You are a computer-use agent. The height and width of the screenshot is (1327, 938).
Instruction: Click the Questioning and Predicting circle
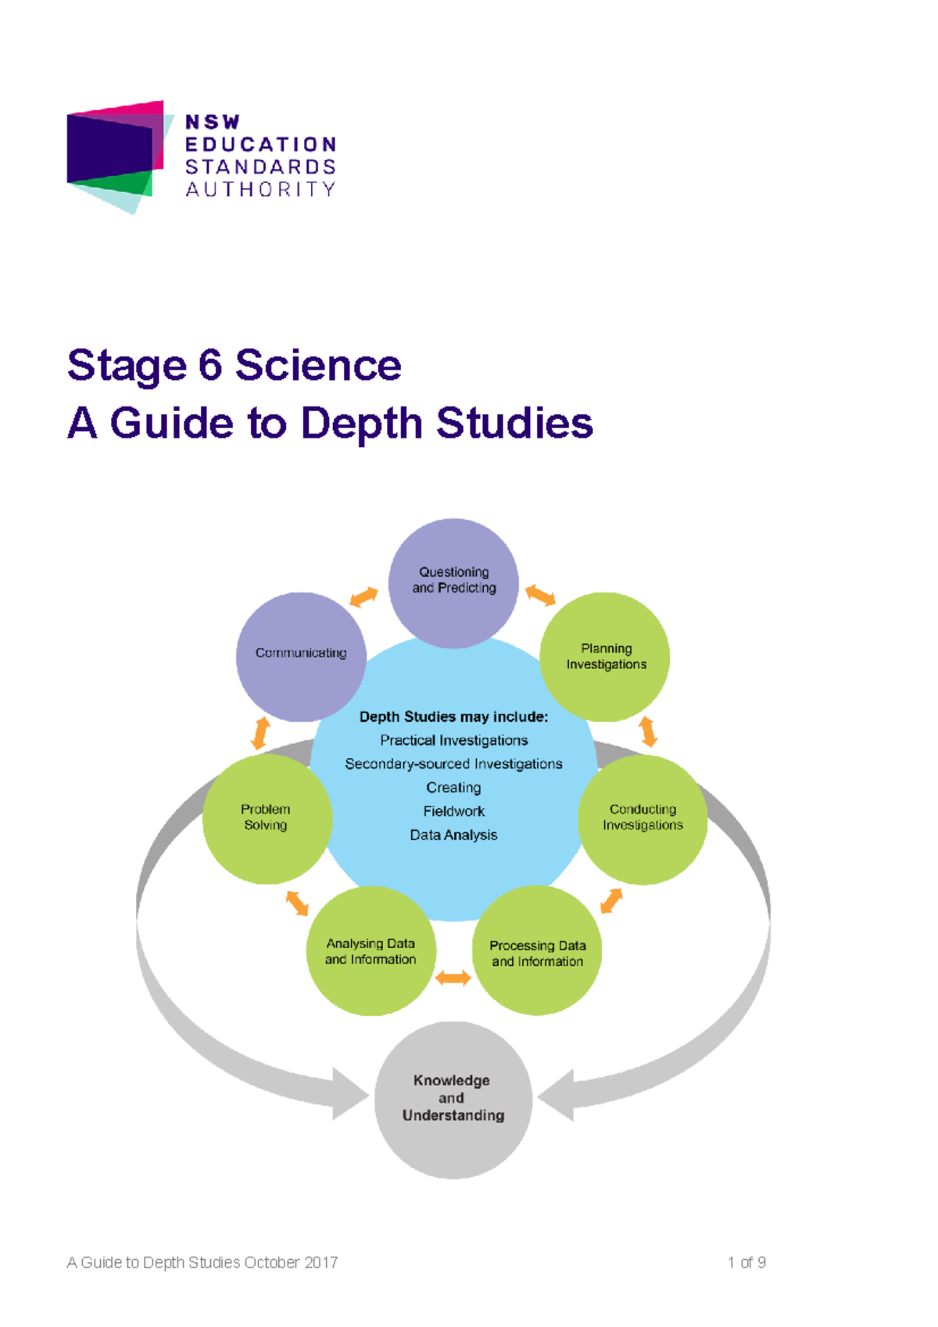(453, 582)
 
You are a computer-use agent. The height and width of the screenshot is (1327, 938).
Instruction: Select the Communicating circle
(301, 656)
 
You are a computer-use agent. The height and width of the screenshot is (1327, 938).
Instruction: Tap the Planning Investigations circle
(606, 656)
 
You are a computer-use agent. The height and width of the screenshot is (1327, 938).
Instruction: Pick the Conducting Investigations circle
(643, 818)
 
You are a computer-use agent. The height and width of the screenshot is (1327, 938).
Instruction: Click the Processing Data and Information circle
(537, 951)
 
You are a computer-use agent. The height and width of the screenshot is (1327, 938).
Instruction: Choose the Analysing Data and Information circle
(371, 951)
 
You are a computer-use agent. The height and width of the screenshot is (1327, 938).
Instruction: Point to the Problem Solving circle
(267, 818)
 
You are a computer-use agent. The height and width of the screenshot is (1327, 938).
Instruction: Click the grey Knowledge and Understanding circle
(453, 1099)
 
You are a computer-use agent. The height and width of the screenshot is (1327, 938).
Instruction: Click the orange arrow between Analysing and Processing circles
(453, 978)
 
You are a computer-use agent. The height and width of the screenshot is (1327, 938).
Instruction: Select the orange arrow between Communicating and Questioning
(363, 597)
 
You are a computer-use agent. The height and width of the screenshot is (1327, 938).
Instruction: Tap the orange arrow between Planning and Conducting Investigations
(648, 732)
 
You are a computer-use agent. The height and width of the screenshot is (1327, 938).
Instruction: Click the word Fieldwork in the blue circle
(453, 811)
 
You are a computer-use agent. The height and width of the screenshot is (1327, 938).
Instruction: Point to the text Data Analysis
(453, 835)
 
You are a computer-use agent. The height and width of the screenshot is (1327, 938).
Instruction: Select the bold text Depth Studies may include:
(453, 717)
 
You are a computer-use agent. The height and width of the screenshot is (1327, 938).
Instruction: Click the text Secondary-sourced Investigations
(453, 764)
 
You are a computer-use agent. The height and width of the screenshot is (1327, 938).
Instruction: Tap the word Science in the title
(318, 365)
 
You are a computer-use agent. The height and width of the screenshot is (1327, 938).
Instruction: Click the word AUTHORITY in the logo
(260, 189)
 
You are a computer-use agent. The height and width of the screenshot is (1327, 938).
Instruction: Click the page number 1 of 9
(746, 1261)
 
